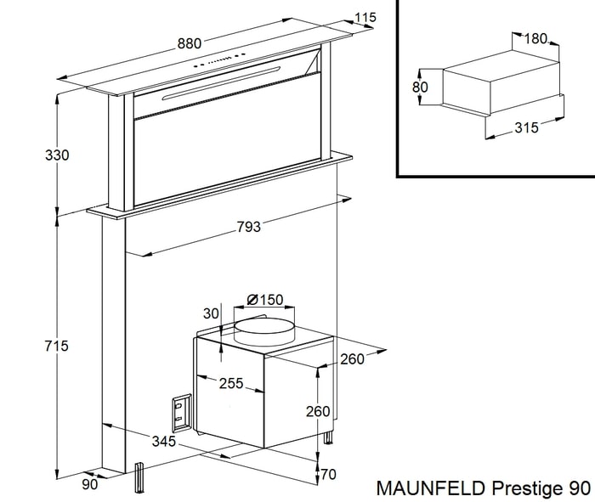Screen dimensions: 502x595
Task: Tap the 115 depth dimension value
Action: coord(365,18)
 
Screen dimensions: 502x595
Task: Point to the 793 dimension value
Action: coord(248,227)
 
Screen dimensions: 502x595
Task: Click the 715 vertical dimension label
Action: coord(33,346)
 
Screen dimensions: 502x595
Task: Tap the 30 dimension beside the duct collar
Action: coord(211,313)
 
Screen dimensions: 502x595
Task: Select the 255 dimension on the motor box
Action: coord(229,383)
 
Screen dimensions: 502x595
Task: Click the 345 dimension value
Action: coord(163,441)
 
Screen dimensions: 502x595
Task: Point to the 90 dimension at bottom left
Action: coord(90,484)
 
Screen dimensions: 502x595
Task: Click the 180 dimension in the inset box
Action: coord(535,39)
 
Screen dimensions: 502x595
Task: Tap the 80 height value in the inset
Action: coord(420,87)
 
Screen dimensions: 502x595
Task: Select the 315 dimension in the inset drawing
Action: coord(527,127)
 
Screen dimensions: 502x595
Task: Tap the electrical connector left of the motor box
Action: coord(181,412)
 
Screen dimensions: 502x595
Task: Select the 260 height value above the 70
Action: coord(317,411)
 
